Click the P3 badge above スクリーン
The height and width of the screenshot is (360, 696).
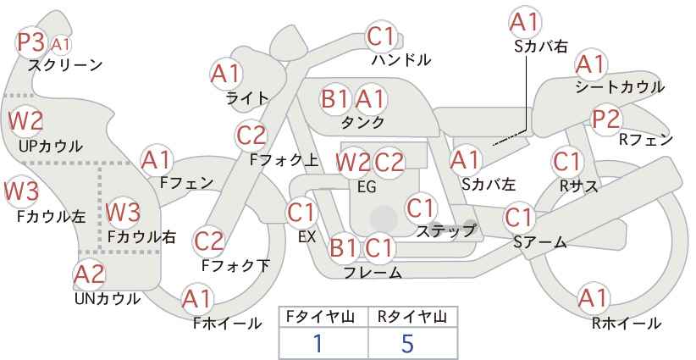tap(31, 42)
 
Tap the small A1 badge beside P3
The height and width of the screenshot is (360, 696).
tap(60, 44)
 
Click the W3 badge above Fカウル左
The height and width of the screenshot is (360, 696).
tap(22, 191)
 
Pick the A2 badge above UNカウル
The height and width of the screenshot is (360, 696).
tap(89, 274)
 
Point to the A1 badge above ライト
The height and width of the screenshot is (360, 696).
tap(225, 74)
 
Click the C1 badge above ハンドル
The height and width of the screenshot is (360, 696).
tap(381, 36)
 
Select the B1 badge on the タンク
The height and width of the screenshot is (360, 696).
tap(334, 98)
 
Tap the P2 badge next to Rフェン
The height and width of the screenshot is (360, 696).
tap(606, 119)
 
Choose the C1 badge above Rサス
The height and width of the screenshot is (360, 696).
tap(566, 162)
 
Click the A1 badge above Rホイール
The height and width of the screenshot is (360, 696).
tap(593, 298)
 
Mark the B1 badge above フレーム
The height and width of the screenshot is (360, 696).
tap(344, 247)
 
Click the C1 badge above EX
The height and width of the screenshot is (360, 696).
tap(301, 213)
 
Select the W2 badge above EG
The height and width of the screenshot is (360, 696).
tap(353, 163)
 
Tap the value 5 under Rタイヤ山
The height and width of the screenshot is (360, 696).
tap(407, 344)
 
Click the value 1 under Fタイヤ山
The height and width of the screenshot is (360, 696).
tap(318, 344)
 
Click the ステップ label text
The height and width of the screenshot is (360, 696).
tap(445, 231)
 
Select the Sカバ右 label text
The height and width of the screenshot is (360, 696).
tap(541, 47)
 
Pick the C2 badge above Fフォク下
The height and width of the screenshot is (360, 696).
tap(209, 241)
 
